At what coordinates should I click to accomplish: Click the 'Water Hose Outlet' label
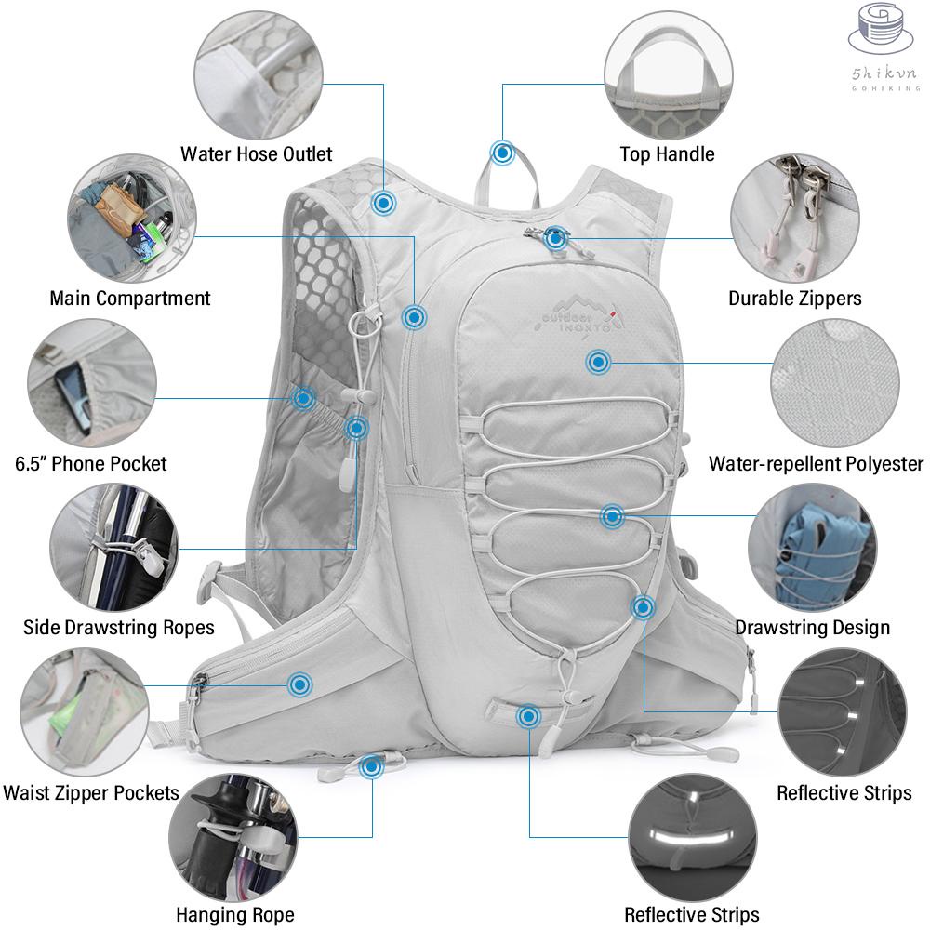click(x=257, y=154)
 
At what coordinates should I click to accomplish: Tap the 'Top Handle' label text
click(x=667, y=154)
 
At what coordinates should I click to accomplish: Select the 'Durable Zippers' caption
click(x=795, y=299)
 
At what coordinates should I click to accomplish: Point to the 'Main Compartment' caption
click(x=130, y=299)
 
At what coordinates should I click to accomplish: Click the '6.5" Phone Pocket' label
click(x=91, y=464)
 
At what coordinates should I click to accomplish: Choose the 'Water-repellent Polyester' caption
click(x=817, y=464)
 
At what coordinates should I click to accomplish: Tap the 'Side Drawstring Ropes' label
click(x=119, y=628)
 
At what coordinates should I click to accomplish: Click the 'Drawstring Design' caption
click(x=813, y=628)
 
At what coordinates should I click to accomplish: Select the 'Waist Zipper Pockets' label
click(x=91, y=793)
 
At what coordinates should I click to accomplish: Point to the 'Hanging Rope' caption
click(x=235, y=914)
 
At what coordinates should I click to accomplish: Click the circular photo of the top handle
click(x=669, y=76)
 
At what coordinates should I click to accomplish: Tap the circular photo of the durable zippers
click(x=795, y=219)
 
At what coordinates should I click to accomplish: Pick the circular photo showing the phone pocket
click(x=92, y=383)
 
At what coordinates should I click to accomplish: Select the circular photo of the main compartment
click(x=132, y=219)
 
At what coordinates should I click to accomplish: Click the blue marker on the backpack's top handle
click(x=502, y=153)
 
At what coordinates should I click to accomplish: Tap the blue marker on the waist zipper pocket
click(x=300, y=685)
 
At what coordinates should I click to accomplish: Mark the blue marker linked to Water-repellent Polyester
click(x=598, y=362)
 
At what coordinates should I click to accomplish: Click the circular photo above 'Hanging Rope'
click(x=233, y=838)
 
